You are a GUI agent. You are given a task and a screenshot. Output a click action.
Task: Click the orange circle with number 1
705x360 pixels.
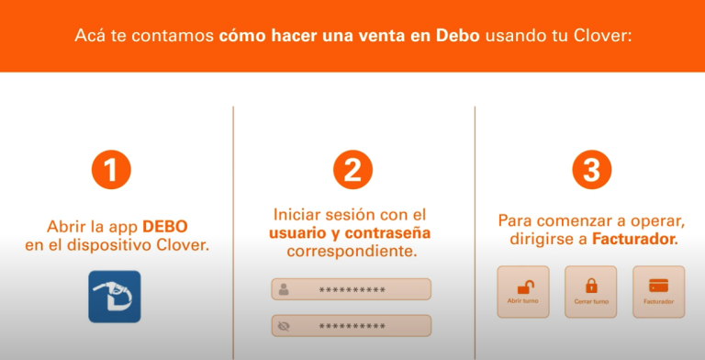[x=111, y=170]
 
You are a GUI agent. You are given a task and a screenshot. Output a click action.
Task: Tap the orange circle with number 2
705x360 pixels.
[x=352, y=170]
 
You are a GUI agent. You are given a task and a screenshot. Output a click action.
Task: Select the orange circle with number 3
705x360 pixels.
[x=592, y=170]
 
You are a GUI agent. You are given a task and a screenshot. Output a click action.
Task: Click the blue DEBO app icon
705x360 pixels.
[x=115, y=296]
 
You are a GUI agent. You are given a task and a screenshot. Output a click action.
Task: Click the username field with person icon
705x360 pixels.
[x=351, y=289]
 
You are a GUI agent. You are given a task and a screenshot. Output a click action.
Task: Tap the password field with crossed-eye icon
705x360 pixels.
[x=351, y=325]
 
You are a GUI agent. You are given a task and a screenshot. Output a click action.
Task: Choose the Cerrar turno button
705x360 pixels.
[x=591, y=291]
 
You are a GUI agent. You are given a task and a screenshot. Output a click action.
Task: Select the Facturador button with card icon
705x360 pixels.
[x=658, y=291]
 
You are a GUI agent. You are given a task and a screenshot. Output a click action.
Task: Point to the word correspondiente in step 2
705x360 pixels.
[x=352, y=251]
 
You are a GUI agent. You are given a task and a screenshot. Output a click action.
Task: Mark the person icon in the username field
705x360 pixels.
[x=285, y=289]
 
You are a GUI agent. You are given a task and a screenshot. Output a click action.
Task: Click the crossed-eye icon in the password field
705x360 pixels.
[x=285, y=325]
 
